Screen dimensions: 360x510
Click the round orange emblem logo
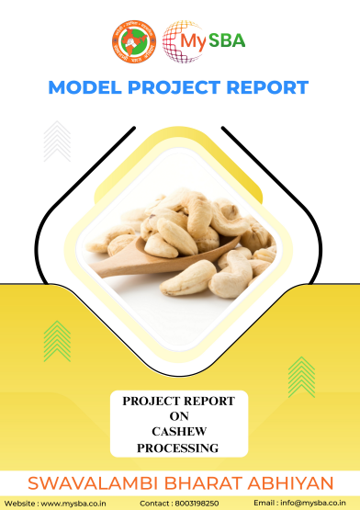(x=134, y=41)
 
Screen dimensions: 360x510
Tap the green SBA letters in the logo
(x=227, y=40)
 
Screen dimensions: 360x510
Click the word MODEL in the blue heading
(x=84, y=87)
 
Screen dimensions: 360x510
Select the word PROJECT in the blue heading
(x=174, y=87)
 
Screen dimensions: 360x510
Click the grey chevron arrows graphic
(x=57, y=142)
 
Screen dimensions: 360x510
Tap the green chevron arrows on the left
(x=57, y=341)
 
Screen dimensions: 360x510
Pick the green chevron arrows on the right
(x=301, y=377)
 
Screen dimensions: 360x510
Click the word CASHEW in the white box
(x=179, y=432)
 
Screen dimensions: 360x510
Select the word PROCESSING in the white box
(x=177, y=448)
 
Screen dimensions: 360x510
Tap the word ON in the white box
(x=179, y=416)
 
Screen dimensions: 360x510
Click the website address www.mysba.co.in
(x=73, y=504)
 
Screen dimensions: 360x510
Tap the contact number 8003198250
(x=197, y=504)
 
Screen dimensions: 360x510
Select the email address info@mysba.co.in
(x=313, y=504)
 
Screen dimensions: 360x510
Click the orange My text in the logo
(x=193, y=42)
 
